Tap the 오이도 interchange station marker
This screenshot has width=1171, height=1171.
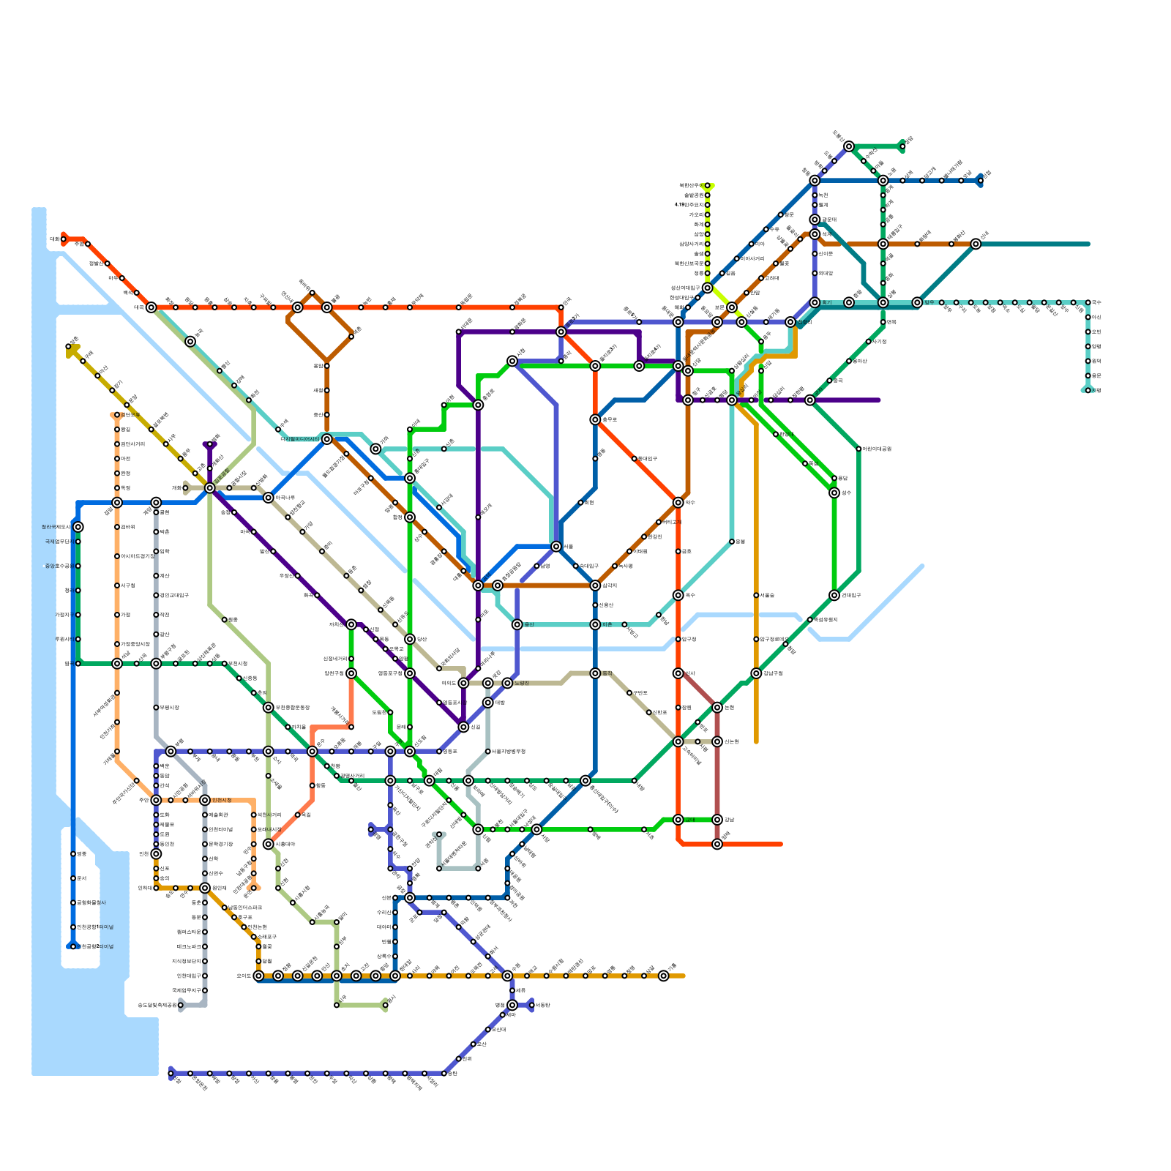tap(258, 976)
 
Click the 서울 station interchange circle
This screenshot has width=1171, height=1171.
tap(556, 547)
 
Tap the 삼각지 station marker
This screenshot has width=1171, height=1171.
tap(595, 585)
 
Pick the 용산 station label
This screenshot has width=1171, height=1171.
tap(529, 624)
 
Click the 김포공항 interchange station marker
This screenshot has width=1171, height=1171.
tap(210, 488)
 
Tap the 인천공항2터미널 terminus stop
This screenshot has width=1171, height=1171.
tap(73, 946)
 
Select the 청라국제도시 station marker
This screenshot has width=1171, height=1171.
tap(78, 527)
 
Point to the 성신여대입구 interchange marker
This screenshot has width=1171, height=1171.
tap(707, 288)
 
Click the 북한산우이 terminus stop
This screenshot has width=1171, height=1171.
tap(707, 185)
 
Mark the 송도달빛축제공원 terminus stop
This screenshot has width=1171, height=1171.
tap(181, 1005)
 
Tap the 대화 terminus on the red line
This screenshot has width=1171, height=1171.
tap(64, 239)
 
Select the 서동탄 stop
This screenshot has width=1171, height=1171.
tap(531, 1005)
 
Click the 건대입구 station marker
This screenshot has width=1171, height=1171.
tap(834, 595)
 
